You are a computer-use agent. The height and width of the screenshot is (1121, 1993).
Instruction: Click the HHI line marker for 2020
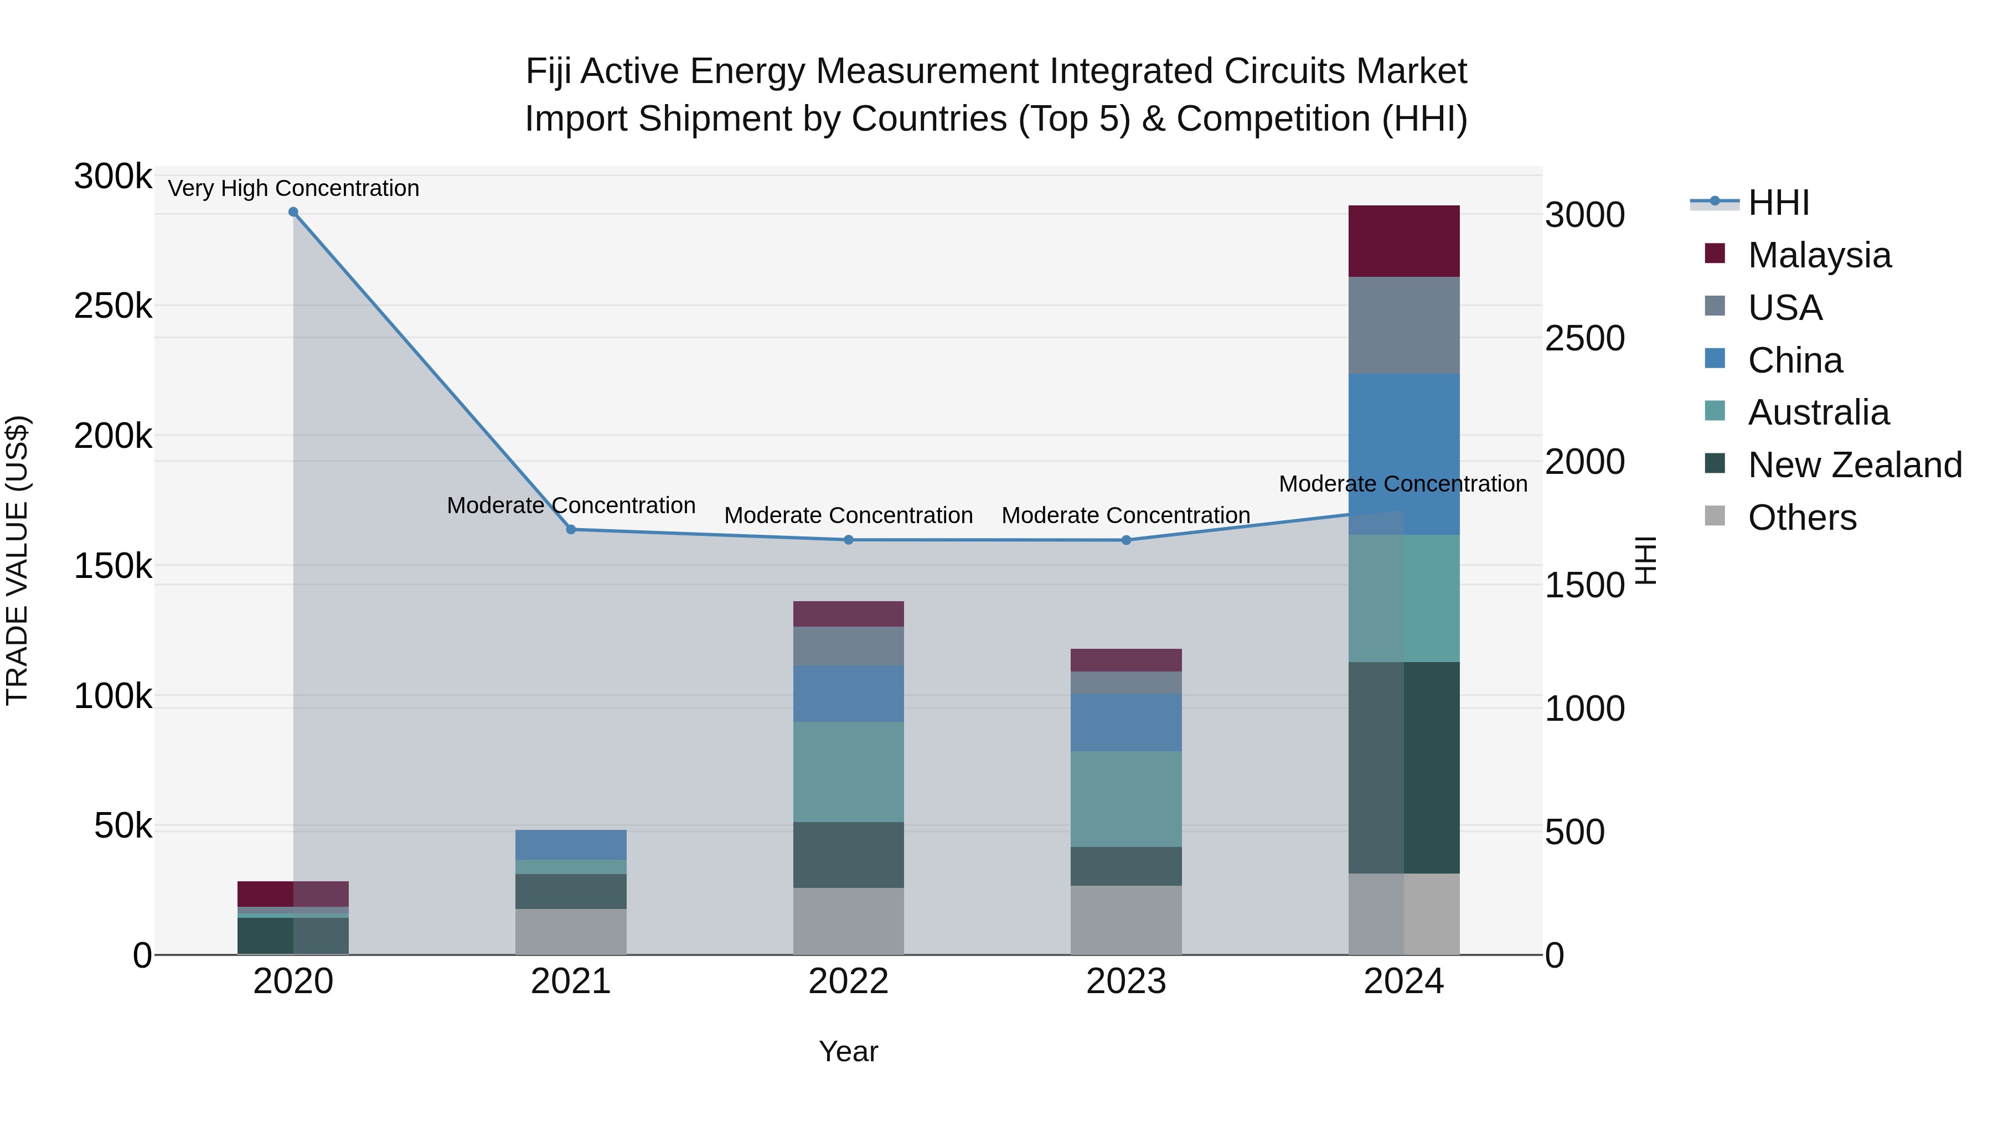(293, 212)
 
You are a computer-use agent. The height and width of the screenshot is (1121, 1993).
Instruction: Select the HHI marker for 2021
(571, 530)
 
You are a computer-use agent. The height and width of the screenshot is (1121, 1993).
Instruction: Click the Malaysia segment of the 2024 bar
(1403, 241)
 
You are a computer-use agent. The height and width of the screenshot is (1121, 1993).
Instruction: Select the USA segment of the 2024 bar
(1403, 326)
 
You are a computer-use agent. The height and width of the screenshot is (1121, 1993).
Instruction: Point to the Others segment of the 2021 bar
(571, 932)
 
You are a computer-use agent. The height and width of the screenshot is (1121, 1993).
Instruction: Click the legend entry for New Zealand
(1855, 465)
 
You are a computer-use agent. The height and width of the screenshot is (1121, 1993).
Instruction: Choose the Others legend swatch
(1715, 516)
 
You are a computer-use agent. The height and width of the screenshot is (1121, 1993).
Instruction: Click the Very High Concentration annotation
(293, 188)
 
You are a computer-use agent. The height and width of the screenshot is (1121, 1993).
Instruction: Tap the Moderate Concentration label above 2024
(1403, 484)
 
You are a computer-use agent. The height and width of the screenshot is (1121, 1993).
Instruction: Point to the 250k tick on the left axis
(113, 306)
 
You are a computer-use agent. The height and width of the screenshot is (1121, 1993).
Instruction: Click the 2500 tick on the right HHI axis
(1584, 339)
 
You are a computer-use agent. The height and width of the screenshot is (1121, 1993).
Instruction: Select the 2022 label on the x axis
(848, 981)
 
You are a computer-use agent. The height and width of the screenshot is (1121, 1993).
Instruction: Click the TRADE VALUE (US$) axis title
(17, 560)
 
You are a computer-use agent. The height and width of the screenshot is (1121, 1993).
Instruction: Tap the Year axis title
(848, 1051)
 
